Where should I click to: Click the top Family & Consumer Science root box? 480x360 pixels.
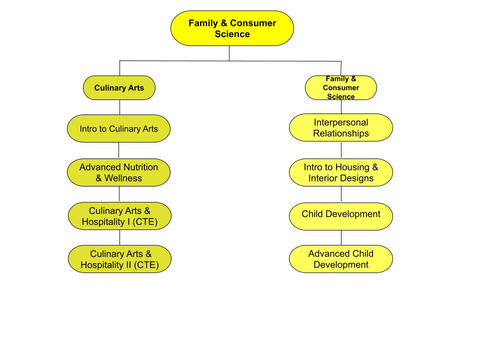pos(232,28)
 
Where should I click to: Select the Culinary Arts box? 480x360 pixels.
pos(119,88)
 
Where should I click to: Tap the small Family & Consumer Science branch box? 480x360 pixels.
pos(341,88)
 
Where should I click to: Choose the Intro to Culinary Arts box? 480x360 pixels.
pos(118,128)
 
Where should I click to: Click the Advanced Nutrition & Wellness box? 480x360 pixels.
pos(118,172)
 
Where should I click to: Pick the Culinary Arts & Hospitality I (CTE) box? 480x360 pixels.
pos(119,216)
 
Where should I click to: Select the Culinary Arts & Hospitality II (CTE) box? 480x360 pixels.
pos(119,259)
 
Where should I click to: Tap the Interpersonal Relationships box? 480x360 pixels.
pos(341,127)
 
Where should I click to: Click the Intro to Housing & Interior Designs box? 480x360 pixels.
pos(341,172)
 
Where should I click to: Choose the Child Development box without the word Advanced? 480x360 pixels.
pos(341,215)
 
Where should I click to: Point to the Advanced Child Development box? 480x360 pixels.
pos(341,259)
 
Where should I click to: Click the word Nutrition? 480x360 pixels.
pos(140,167)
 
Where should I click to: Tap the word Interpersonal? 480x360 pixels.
pos(341,122)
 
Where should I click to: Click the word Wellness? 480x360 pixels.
pos(123,178)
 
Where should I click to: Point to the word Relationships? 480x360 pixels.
pos(341,133)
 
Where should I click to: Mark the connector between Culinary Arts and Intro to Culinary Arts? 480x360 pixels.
pos(119,107)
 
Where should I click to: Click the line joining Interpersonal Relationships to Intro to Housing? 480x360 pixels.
pos(341,150)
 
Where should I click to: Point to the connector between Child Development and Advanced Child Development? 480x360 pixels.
pos(341,237)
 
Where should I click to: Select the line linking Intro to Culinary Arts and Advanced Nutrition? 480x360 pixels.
pos(118,150)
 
